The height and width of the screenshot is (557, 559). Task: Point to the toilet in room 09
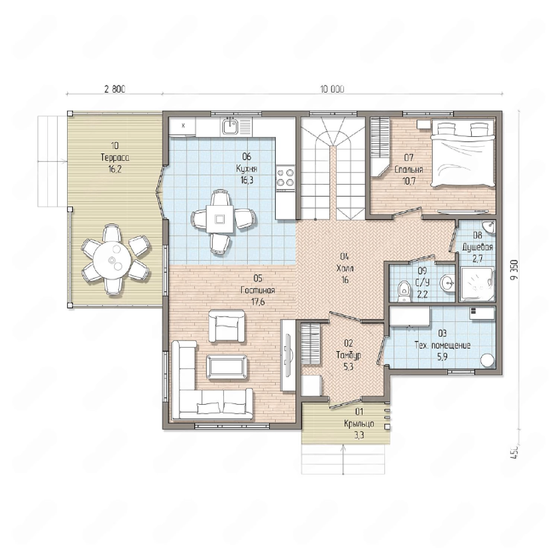(x=403, y=291)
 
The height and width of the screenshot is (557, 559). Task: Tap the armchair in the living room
(x=227, y=325)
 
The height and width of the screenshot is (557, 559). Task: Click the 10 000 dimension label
(x=332, y=89)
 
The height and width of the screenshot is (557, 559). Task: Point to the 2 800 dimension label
(x=115, y=89)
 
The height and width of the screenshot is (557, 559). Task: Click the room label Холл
(x=345, y=268)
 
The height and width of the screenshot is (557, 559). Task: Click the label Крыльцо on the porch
(x=359, y=424)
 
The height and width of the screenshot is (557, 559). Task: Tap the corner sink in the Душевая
(x=489, y=226)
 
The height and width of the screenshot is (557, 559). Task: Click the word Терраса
(x=115, y=157)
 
